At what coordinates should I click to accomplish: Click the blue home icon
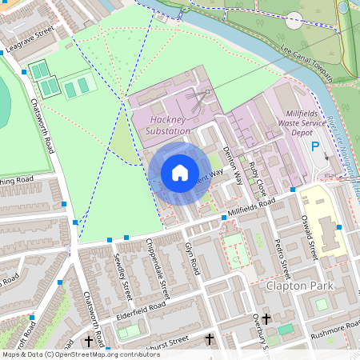click(x=180, y=173)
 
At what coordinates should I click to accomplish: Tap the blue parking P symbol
click(x=314, y=147)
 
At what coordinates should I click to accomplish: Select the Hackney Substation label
click(x=169, y=125)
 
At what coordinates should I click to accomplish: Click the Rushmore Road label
click(x=333, y=326)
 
